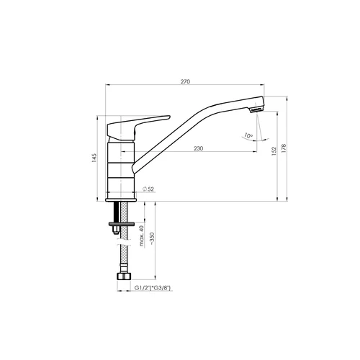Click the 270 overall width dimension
(x=185, y=81)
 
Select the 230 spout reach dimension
(x=199, y=148)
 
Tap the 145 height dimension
(x=94, y=158)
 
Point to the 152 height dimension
(x=274, y=151)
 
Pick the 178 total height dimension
(x=284, y=149)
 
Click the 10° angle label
(x=248, y=135)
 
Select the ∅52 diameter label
(x=148, y=189)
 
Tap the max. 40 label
(x=142, y=236)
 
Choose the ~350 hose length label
(x=152, y=238)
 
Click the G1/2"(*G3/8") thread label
(x=152, y=288)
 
